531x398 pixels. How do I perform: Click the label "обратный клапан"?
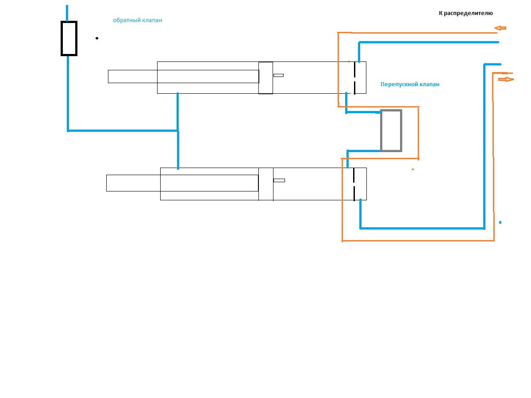click(x=137, y=20)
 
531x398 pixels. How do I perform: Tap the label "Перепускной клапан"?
click(x=410, y=84)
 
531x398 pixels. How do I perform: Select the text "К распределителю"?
click(x=466, y=13)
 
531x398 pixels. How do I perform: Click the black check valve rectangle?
click(x=69, y=38)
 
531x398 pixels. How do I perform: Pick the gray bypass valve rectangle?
click(x=391, y=130)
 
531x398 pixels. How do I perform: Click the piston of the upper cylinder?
click(x=265, y=78)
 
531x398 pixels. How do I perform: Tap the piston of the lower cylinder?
click(x=265, y=184)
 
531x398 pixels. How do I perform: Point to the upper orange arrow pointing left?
click(x=500, y=28)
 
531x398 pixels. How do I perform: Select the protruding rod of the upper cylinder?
click(x=133, y=77)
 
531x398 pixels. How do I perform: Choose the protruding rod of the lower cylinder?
click(x=133, y=183)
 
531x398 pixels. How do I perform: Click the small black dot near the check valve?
click(x=97, y=38)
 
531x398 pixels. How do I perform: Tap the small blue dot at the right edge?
click(x=500, y=222)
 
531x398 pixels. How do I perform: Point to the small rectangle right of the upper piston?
click(x=278, y=75)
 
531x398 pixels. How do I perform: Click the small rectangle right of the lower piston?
click(x=279, y=180)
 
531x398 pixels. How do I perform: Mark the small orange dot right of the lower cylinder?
click(x=413, y=169)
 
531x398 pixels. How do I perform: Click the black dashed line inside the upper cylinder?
click(x=354, y=78)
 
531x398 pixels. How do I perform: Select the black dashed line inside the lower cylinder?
click(x=354, y=184)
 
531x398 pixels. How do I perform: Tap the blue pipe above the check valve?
click(x=67, y=13)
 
